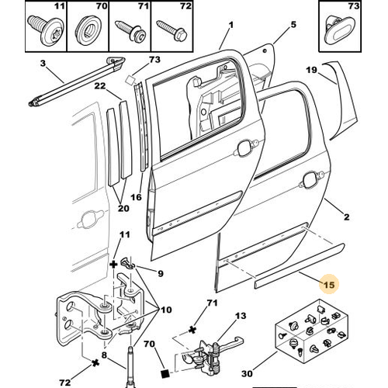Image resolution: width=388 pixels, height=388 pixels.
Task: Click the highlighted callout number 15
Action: (329, 285)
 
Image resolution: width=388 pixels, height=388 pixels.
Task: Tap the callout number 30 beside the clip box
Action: (247, 373)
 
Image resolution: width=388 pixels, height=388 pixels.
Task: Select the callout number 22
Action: (100, 86)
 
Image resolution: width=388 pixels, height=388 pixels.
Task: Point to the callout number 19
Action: (311, 70)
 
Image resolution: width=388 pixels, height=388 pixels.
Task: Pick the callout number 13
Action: (241, 316)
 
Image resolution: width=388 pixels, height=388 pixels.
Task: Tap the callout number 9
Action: (161, 273)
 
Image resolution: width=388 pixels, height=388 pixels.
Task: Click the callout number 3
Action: (43, 63)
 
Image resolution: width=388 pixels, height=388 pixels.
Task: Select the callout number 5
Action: (293, 25)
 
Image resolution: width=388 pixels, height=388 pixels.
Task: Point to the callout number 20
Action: (123, 208)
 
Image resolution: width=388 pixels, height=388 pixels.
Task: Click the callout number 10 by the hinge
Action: (166, 310)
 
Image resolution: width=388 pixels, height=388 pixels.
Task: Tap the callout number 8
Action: (104, 355)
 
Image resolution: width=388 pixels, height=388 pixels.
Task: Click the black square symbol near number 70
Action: (165, 373)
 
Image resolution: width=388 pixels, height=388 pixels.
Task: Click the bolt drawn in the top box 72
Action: (172, 31)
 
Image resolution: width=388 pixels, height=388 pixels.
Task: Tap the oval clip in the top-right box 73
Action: (339, 33)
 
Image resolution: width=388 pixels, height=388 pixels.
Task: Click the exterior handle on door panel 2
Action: (311, 178)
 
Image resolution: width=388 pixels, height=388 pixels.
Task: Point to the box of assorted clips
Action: (312, 331)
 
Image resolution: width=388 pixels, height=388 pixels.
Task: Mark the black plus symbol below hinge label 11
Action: (113, 265)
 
